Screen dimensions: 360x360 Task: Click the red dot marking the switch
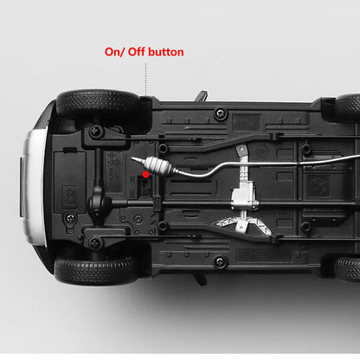click(x=146, y=174)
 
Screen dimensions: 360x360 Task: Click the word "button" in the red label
click(x=166, y=52)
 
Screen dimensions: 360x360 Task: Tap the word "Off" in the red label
click(x=136, y=52)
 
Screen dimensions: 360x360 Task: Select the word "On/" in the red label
click(x=114, y=52)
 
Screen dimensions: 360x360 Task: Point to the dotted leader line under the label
click(x=146, y=80)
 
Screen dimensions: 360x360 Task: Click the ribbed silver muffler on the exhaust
click(x=158, y=166)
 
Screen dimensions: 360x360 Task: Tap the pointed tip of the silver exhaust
click(x=132, y=158)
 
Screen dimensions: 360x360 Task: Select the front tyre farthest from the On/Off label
click(x=95, y=271)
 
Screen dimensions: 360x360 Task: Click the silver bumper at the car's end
click(x=34, y=187)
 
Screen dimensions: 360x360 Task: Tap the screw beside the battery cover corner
click(x=70, y=218)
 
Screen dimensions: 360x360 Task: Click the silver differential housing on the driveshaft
click(x=244, y=196)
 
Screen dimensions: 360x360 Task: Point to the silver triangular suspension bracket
click(x=243, y=225)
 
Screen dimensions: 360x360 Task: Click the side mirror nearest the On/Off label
click(x=202, y=96)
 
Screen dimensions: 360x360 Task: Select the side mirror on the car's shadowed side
click(x=201, y=279)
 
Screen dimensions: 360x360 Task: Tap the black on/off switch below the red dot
click(x=146, y=187)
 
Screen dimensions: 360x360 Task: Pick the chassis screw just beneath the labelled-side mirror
click(x=221, y=113)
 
